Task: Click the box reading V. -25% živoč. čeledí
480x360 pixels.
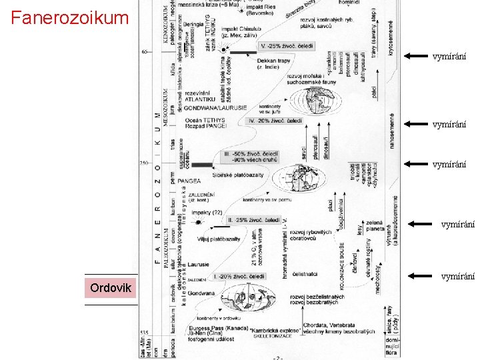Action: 287,47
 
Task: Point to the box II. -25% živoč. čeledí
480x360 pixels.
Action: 253,219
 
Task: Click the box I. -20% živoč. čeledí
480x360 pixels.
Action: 239,276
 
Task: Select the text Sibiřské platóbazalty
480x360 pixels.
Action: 238,175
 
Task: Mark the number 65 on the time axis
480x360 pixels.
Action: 145,51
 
